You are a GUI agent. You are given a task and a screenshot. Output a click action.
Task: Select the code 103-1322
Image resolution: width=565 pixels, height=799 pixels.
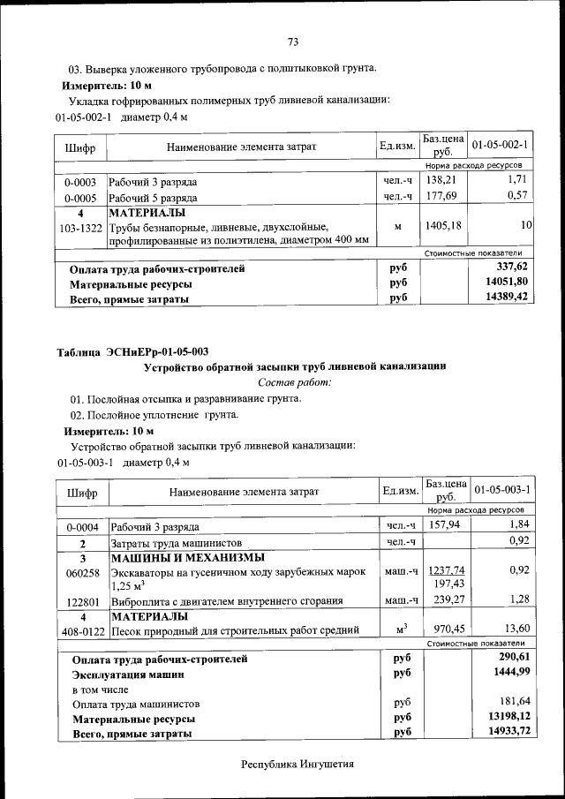coord(80,227)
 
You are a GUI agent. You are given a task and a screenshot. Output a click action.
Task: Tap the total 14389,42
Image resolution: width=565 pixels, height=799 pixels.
coord(507,298)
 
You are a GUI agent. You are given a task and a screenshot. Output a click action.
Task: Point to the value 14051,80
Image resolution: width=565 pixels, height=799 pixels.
coord(507,283)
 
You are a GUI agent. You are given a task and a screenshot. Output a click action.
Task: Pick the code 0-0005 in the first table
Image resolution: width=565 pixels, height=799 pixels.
coord(80,198)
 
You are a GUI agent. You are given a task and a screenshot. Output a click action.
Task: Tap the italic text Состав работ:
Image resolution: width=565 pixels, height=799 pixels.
coord(295,382)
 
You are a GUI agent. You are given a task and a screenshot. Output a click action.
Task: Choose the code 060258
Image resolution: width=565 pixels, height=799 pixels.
coord(82,572)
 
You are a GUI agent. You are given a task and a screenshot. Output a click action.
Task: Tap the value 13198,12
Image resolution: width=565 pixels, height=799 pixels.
coord(508,718)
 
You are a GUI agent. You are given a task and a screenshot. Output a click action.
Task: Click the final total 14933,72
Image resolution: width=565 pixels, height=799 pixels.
coord(508,733)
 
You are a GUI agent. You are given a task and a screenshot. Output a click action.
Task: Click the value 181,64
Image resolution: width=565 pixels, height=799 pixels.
coord(513,704)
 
